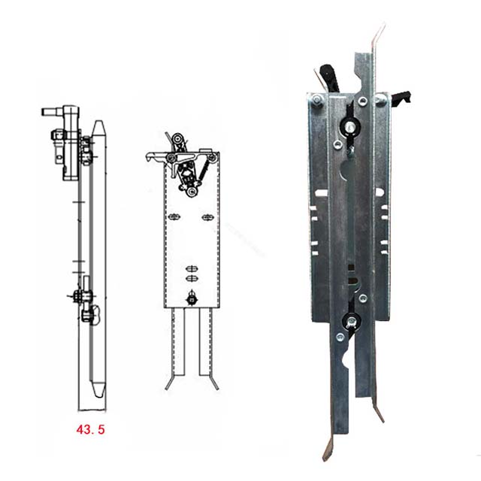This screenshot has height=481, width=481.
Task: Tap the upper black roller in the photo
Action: [x=350, y=126]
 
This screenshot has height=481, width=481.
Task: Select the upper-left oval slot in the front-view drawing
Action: [x=174, y=218]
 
